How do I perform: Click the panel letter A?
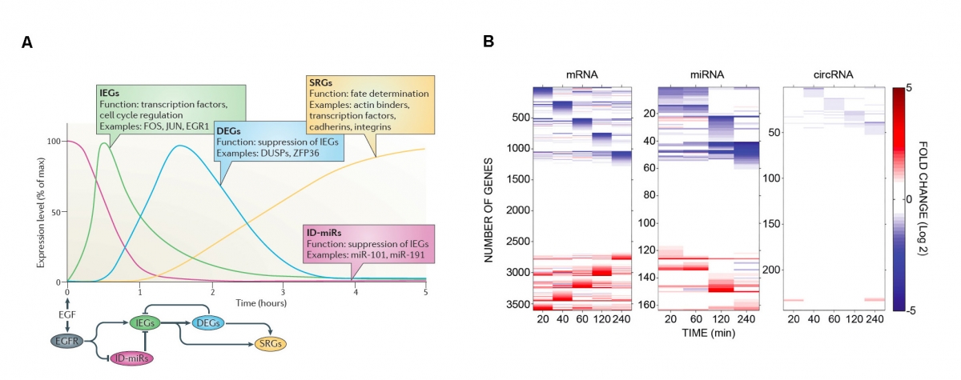(x=26, y=43)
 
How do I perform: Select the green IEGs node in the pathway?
(x=145, y=322)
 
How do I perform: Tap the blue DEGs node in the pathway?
(x=208, y=322)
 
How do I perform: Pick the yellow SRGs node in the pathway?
(x=270, y=343)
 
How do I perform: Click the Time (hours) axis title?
(x=262, y=303)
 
